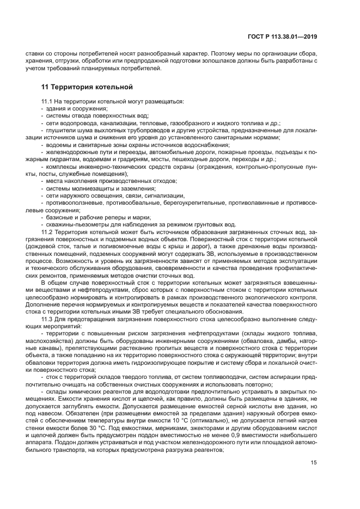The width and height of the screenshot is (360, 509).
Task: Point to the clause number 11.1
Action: point(47,102)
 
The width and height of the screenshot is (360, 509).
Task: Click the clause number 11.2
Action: point(47,232)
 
